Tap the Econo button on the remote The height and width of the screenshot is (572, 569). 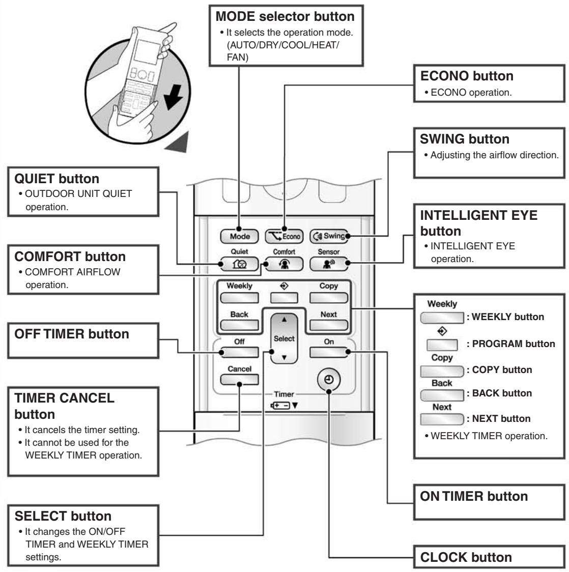(x=284, y=237)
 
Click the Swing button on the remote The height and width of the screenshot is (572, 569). (x=329, y=236)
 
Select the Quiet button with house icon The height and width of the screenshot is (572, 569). (x=239, y=264)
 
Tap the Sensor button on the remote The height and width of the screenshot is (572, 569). (x=329, y=264)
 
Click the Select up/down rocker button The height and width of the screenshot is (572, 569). (x=284, y=338)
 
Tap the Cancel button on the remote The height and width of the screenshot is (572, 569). (x=239, y=380)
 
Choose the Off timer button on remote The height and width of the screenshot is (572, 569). (x=239, y=352)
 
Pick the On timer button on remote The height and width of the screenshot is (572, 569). (x=329, y=352)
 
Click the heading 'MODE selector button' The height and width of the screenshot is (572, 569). (x=285, y=16)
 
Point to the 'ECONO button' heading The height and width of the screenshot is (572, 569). (x=467, y=76)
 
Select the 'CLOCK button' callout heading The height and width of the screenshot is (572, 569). (x=466, y=557)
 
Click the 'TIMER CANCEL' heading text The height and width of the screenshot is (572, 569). (x=64, y=397)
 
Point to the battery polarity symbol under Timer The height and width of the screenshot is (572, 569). (x=280, y=405)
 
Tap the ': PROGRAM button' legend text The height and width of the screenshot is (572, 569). (x=510, y=344)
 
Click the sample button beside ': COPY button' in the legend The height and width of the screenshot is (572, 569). (x=442, y=371)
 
